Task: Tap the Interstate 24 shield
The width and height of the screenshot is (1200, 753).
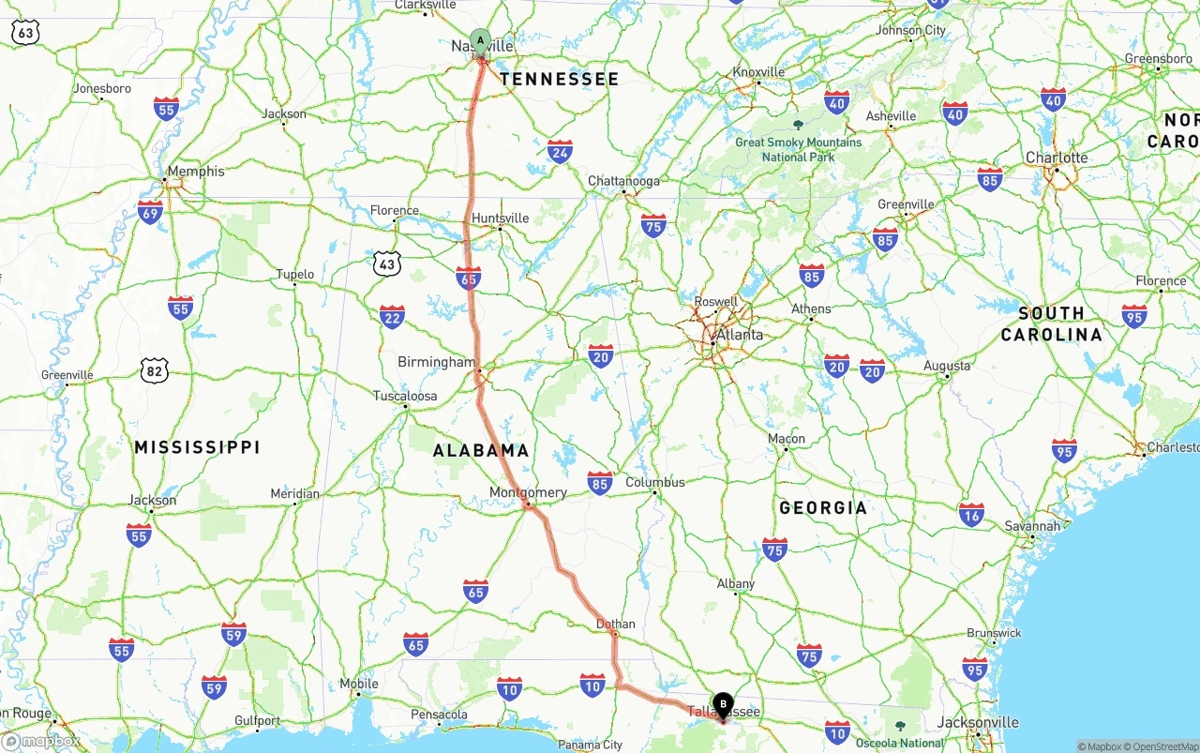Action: click(x=561, y=151)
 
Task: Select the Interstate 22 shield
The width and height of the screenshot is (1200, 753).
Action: click(x=393, y=317)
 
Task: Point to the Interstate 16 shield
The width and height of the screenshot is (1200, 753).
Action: click(x=971, y=514)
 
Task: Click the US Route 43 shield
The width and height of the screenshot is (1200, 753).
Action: click(x=386, y=264)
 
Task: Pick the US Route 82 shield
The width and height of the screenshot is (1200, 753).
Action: click(x=155, y=370)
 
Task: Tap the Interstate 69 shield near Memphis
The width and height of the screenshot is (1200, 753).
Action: click(x=150, y=211)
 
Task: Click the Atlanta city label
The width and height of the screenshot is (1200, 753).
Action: click(x=739, y=335)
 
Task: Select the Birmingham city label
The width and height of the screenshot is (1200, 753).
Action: click(x=437, y=362)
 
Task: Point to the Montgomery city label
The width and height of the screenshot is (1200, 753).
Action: click(x=528, y=492)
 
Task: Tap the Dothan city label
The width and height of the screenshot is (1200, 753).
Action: click(x=616, y=624)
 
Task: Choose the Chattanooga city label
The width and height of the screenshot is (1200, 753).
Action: click(x=623, y=181)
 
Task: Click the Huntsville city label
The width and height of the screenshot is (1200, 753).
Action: click(x=501, y=218)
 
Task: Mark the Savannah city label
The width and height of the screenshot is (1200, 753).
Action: click(x=1032, y=526)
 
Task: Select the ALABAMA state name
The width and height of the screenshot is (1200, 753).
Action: click(x=481, y=451)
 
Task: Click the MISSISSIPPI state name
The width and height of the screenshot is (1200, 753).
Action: click(x=197, y=447)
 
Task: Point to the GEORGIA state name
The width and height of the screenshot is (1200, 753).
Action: click(x=823, y=507)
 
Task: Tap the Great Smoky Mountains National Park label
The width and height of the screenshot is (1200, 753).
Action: click(x=798, y=149)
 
